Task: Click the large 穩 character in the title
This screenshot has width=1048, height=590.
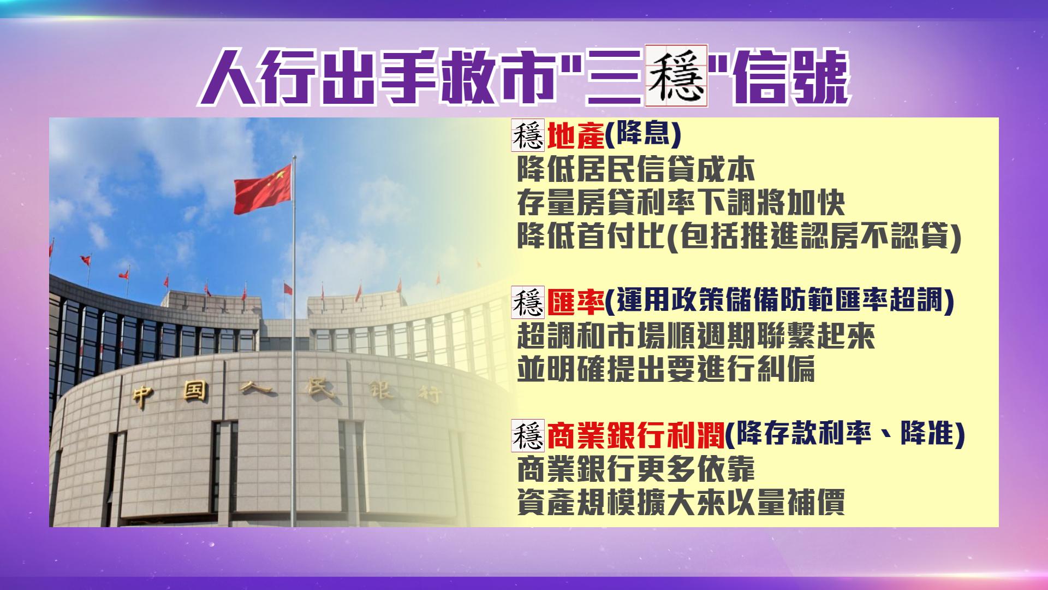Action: pos(676,75)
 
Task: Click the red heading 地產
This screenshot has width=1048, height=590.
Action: pos(575,137)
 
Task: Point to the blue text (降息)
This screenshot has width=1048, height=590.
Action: pos(643,137)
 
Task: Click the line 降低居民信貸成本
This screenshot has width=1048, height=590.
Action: pos(636,170)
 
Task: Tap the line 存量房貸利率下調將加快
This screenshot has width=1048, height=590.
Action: pos(681,203)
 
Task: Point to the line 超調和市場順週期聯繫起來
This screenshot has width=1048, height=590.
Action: pos(696,337)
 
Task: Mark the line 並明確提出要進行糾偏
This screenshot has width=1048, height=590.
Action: pos(666,370)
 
